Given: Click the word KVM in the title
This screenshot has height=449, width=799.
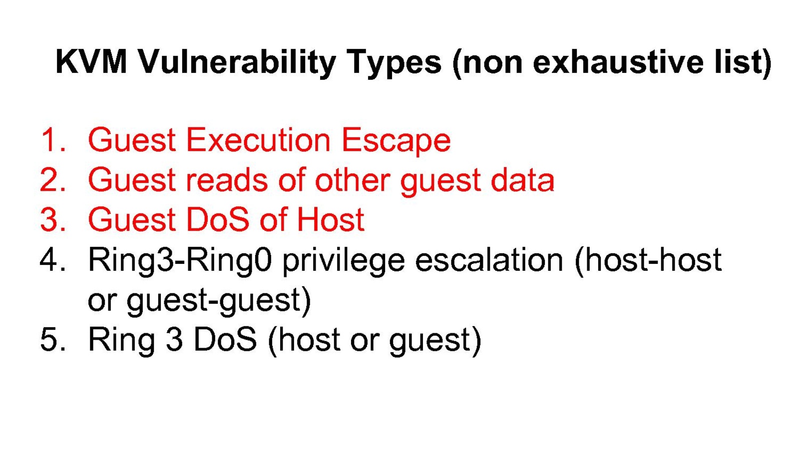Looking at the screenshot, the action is pos(91,62).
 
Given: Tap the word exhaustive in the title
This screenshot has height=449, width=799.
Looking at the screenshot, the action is pos(618,62).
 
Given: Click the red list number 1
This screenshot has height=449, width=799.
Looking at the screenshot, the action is pos(53,140).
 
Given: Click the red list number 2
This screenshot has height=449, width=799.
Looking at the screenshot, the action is pos(53,180).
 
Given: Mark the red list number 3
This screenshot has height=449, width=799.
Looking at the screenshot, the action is pos(53,220).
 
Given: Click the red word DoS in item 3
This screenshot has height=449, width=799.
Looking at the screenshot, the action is pos(218,220).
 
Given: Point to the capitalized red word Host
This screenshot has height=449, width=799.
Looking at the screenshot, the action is pos(331,220).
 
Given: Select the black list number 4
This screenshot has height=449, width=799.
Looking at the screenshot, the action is pos(53,260).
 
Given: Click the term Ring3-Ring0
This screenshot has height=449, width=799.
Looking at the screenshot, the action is pos(180,262).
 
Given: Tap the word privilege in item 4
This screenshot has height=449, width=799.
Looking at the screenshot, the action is pos(344,262).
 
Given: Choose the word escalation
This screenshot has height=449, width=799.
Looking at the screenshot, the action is pos(489,260).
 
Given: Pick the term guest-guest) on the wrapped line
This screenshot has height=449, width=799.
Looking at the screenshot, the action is pos(219,302).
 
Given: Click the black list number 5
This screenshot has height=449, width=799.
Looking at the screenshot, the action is pos(53,340).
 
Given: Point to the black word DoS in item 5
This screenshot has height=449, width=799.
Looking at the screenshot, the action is pos(225,340).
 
